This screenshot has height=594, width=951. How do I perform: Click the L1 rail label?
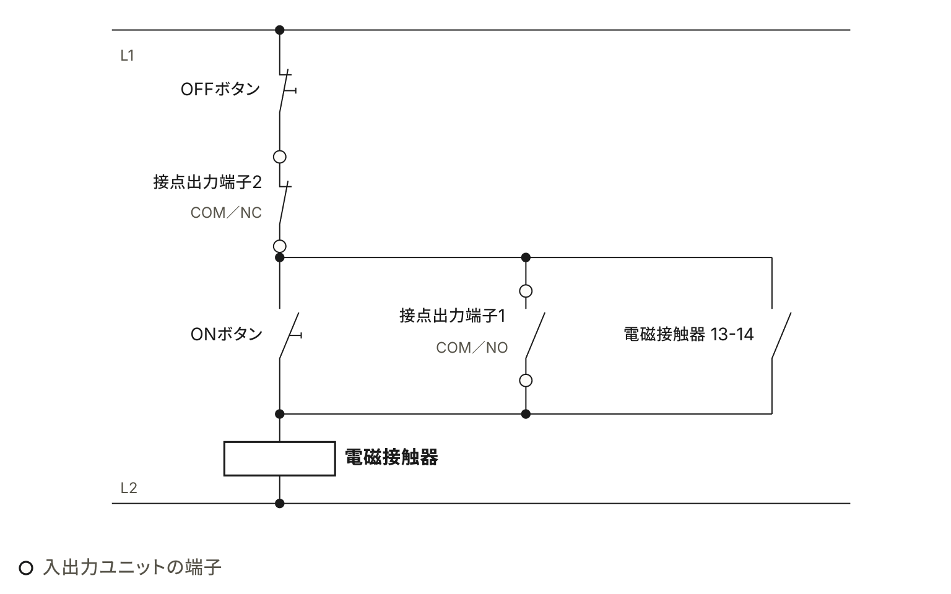click(127, 56)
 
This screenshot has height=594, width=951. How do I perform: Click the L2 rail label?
click(129, 488)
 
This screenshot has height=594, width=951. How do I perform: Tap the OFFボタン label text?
click(220, 89)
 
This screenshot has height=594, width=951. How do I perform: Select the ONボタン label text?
click(226, 334)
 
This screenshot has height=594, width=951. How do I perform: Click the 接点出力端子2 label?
click(207, 182)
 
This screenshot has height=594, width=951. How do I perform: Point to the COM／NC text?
click(226, 213)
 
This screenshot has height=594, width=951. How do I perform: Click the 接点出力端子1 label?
click(453, 316)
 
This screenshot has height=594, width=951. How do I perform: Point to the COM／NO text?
click(472, 348)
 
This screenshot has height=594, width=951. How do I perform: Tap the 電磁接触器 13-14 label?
click(688, 334)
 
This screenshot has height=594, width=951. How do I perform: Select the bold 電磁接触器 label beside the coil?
click(391, 457)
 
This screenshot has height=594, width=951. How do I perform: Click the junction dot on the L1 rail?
click(279, 30)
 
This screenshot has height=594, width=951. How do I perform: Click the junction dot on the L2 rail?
click(279, 504)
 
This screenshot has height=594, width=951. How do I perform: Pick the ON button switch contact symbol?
click(289, 335)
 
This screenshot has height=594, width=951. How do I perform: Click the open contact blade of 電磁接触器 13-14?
click(781, 335)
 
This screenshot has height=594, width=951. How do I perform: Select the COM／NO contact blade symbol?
click(535, 335)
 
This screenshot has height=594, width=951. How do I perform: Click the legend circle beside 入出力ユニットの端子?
click(26, 567)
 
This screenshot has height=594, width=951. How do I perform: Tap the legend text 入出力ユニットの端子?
click(132, 567)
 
